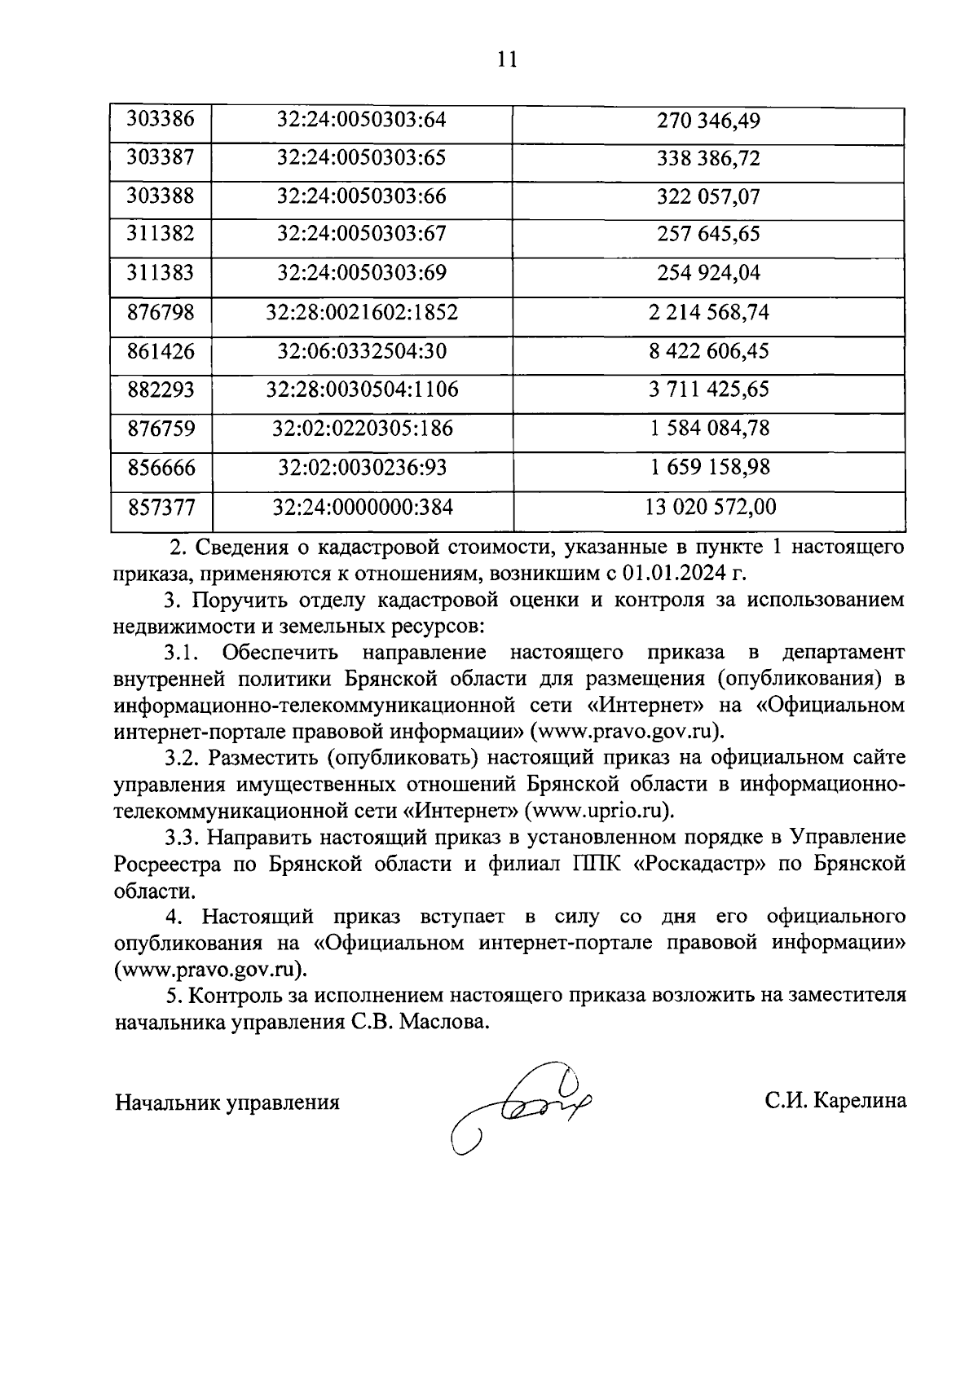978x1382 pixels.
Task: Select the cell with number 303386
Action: point(161,120)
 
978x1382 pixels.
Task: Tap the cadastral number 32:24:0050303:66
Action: point(362,196)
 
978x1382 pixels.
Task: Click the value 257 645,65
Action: point(708,235)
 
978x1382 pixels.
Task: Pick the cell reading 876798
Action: point(161,312)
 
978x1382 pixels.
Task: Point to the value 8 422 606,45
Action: point(708,351)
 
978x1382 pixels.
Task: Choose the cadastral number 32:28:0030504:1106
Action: point(362,390)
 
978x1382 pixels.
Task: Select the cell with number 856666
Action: point(161,468)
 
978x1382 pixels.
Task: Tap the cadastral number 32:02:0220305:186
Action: point(362,429)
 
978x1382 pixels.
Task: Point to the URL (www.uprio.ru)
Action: point(600,811)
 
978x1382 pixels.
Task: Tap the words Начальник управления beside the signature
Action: point(227,1103)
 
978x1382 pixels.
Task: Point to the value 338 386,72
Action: point(708,158)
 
